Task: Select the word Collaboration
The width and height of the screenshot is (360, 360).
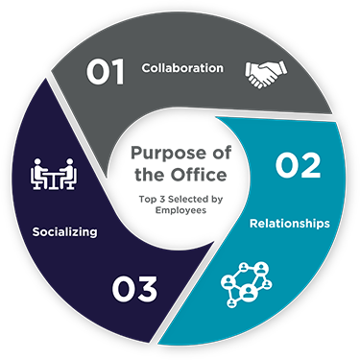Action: point(182,68)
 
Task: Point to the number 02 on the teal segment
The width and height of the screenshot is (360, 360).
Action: point(298,165)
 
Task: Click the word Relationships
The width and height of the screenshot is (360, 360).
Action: point(290,223)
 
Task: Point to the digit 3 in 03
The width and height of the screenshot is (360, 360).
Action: point(151,287)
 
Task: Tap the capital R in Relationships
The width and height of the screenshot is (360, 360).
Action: point(253,223)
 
